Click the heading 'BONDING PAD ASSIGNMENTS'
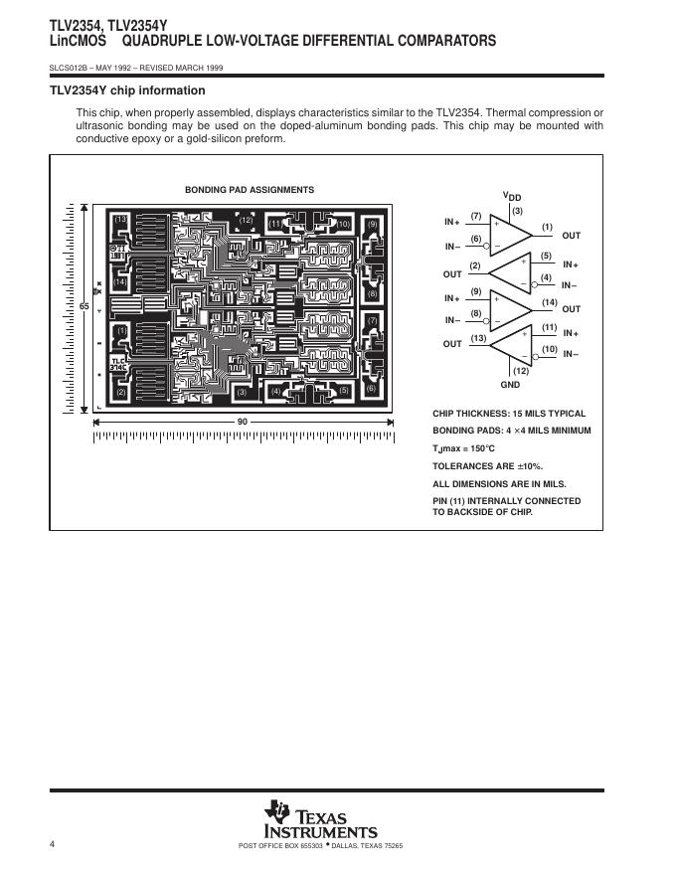click(250, 190)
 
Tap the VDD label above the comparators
click(512, 196)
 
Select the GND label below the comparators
click(510, 384)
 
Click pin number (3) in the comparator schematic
click(516, 210)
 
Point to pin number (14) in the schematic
click(550, 301)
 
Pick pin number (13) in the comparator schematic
click(477, 337)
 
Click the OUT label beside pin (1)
click(571, 236)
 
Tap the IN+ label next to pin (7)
click(452, 221)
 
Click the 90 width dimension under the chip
click(242, 422)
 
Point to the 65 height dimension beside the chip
click(84, 307)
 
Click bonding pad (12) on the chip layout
click(246, 221)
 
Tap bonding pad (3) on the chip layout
click(242, 392)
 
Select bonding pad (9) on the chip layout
click(373, 224)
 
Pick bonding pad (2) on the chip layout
click(120, 392)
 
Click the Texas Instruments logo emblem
click(272, 812)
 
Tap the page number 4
click(52, 844)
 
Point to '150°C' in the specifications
click(479, 448)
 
